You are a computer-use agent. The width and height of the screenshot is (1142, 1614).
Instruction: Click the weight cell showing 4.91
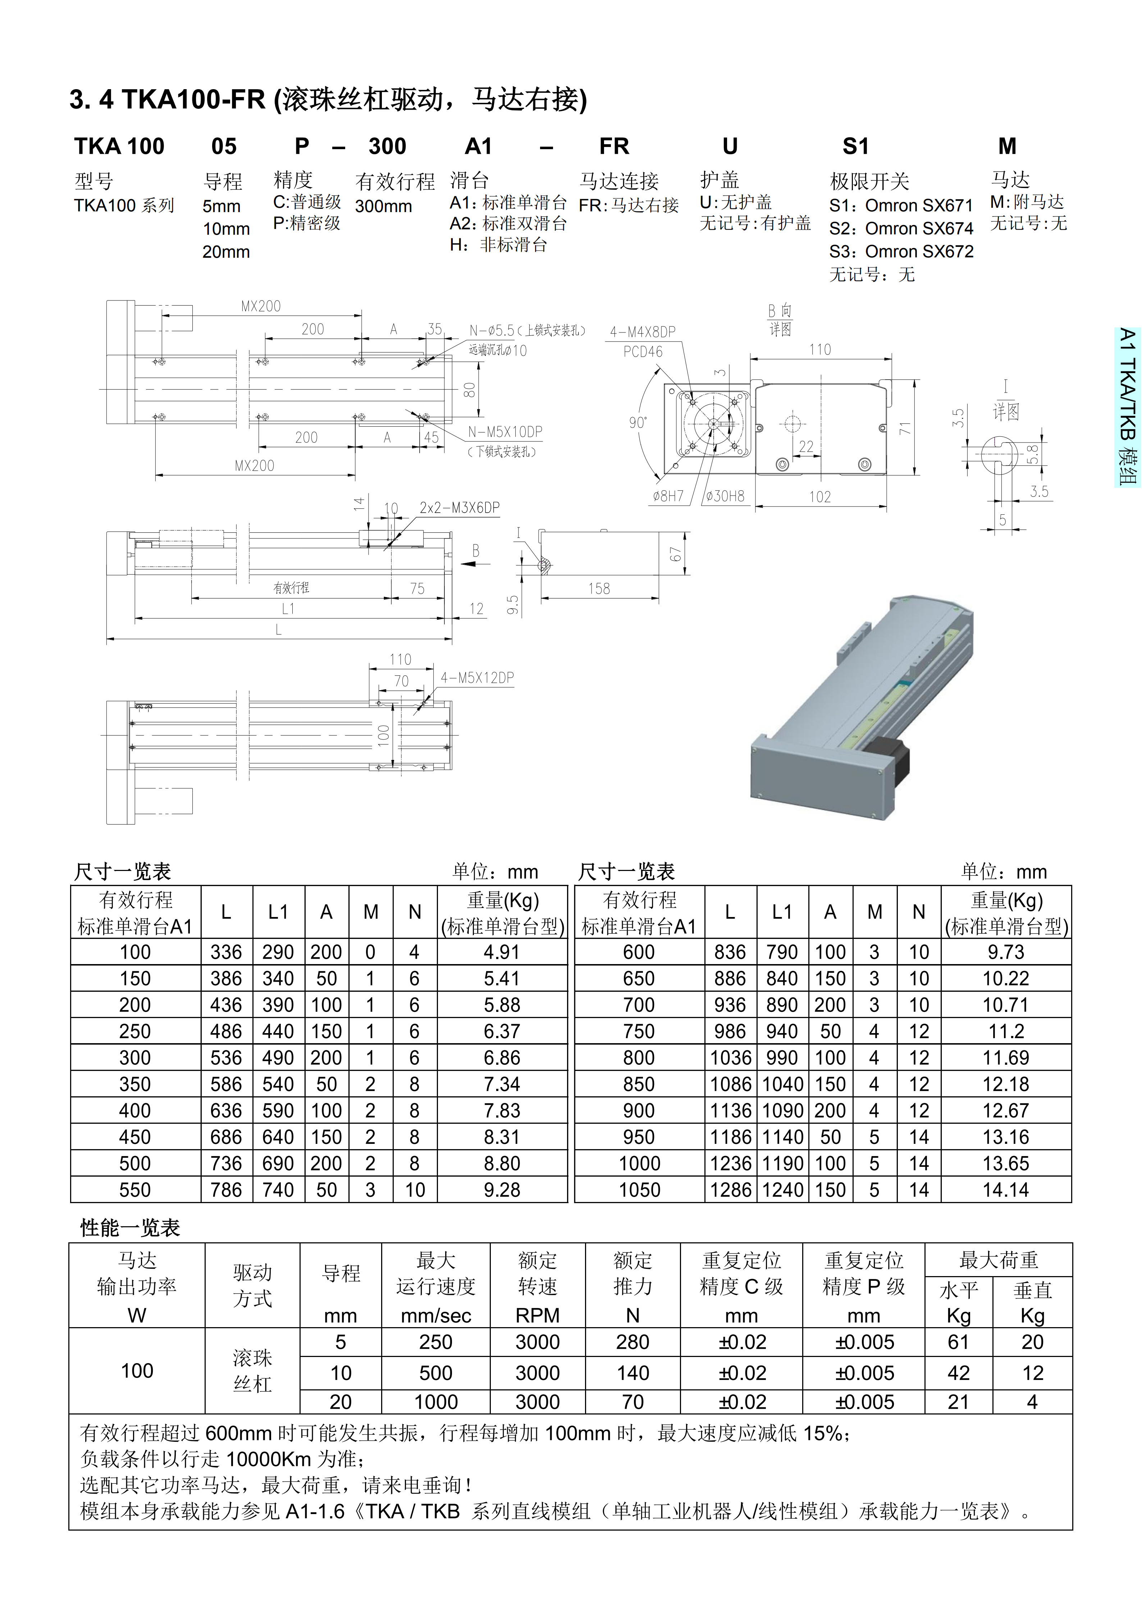(501, 952)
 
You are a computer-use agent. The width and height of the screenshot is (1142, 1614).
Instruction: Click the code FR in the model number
(614, 146)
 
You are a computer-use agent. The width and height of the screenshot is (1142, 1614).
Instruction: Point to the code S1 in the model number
(855, 146)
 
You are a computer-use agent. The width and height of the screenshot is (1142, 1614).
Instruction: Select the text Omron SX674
(918, 229)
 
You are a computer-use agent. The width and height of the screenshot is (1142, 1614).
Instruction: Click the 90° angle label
(637, 422)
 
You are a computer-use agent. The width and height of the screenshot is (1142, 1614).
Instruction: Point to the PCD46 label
(643, 352)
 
